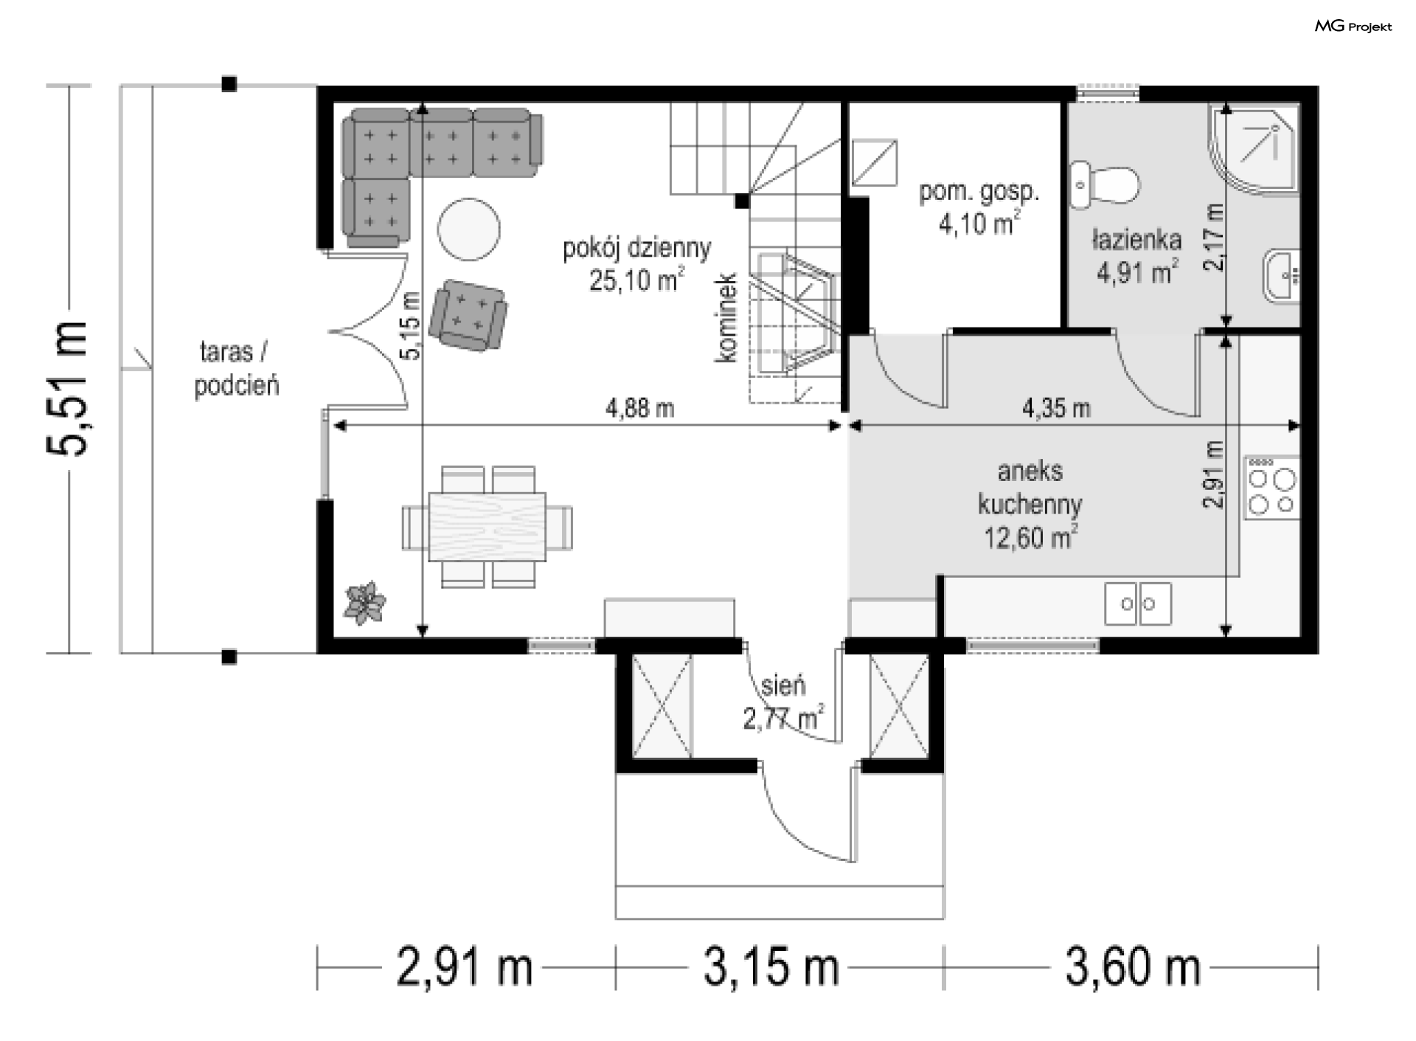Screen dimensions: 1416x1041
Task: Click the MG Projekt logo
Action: click(1353, 27)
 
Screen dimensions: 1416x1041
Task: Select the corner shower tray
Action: click(1253, 152)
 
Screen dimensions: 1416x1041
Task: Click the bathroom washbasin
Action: click(1282, 277)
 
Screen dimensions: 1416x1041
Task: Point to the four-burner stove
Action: click(1271, 487)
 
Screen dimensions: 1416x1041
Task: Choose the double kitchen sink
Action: click(1137, 603)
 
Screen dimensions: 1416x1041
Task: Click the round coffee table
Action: click(469, 229)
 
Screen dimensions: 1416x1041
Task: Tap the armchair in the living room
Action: click(468, 314)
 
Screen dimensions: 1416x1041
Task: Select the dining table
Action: click(487, 527)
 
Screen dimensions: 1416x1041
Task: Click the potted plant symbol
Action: click(364, 603)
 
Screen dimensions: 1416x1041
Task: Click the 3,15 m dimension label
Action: click(771, 968)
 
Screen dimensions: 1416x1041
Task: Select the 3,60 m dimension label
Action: click(1133, 968)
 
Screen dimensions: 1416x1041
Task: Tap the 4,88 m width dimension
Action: click(639, 408)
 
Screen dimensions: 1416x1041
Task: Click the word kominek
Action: click(726, 318)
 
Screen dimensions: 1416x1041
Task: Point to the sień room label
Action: click(782, 686)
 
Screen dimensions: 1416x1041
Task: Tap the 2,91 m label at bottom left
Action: click(465, 968)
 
